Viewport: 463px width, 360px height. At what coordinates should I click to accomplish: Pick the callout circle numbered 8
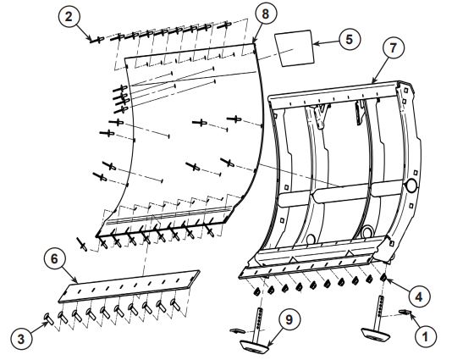click(x=267, y=14)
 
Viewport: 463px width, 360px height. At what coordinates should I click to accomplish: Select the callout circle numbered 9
click(x=289, y=320)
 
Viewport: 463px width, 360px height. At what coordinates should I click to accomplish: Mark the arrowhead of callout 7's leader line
click(x=372, y=82)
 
